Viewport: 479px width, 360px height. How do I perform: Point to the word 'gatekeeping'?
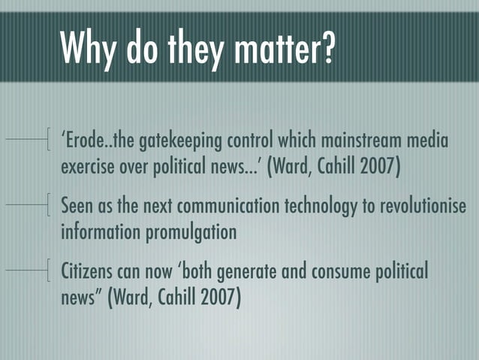[175, 142]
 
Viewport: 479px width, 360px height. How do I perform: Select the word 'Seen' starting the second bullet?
[76, 207]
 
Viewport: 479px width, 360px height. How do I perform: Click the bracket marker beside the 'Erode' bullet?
[48, 140]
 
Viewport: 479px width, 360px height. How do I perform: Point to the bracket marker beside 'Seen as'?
[48, 204]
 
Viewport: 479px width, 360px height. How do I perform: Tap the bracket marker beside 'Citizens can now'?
[48, 269]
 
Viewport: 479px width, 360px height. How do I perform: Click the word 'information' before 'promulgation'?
[101, 231]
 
